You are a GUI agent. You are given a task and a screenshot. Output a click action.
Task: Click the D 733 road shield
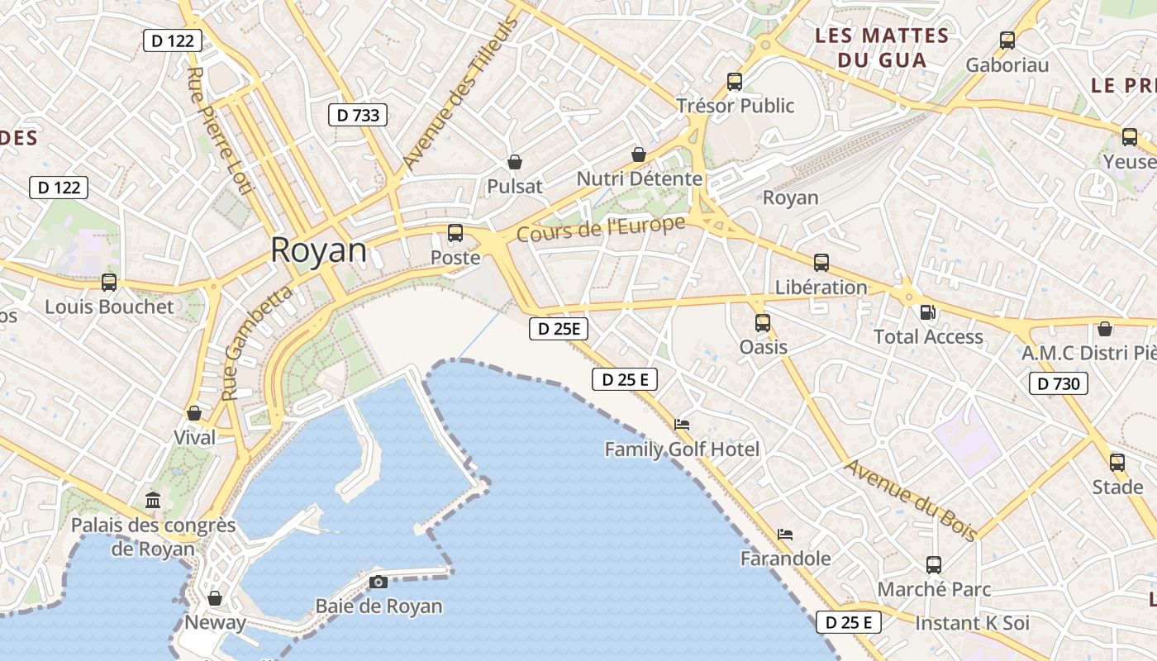(x=359, y=115)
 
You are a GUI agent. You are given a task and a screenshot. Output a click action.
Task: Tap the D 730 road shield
(x=1059, y=383)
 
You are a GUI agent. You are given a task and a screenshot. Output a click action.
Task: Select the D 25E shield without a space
(x=558, y=329)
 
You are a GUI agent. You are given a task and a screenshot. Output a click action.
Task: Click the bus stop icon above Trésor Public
(x=735, y=82)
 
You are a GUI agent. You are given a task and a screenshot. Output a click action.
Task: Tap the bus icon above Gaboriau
(x=1007, y=40)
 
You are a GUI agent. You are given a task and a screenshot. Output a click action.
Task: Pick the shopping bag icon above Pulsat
(x=515, y=162)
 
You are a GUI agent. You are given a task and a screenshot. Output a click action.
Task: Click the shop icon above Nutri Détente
(x=639, y=155)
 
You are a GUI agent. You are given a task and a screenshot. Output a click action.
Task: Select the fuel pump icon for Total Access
(x=928, y=312)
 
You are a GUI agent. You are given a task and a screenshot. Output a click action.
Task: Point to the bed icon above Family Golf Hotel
(x=682, y=425)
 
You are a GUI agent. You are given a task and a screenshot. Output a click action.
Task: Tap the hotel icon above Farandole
(x=785, y=534)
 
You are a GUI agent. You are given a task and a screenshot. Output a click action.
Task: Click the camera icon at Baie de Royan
(x=379, y=582)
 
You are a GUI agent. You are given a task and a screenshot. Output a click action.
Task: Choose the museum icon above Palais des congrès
(x=153, y=500)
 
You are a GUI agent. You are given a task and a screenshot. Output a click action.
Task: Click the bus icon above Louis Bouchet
(x=109, y=283)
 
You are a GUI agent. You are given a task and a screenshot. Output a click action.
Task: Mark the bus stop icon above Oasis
(x=763, y=323)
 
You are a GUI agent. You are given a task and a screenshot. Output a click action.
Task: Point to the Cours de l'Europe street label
(x=601, y=229)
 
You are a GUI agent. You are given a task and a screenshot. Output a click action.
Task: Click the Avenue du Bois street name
(x=911, y=499)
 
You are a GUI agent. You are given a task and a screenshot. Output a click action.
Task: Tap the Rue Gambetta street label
(x=258, y=342)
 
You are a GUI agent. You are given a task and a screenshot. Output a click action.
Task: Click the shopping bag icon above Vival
(x=194, y=413)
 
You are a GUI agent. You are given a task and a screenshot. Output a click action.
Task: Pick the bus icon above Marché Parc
(x=934, y=565)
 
